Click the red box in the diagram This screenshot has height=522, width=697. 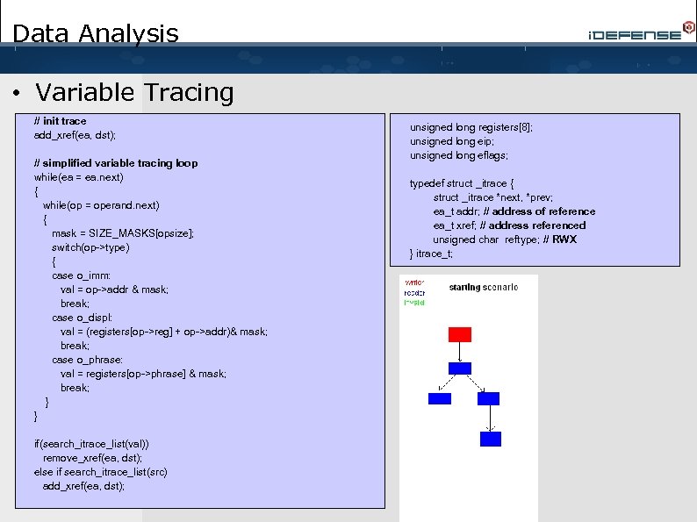click(459, 334)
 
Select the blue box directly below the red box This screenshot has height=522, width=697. click(459, 368)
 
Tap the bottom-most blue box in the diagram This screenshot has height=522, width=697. click(491, 439)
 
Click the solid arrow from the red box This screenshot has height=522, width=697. click(459, 351)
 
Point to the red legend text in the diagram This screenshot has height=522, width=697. click(413, 282)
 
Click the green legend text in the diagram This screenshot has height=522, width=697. click(414, 303)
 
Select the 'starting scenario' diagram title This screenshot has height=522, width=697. click(483, 288)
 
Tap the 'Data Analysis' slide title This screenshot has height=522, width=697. click(96, 34)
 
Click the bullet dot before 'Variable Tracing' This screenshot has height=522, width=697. click(19, 93)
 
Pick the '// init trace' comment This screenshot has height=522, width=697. click(60, 121)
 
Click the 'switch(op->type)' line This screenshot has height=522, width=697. click(90, 247)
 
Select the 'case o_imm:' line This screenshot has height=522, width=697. click(81, 275)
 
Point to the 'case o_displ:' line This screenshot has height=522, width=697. click(82, 318)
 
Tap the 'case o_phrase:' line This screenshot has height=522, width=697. click(87, 360)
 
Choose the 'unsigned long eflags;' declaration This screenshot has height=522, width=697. click(458, 155)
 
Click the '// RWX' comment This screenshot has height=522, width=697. click(559, 240)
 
